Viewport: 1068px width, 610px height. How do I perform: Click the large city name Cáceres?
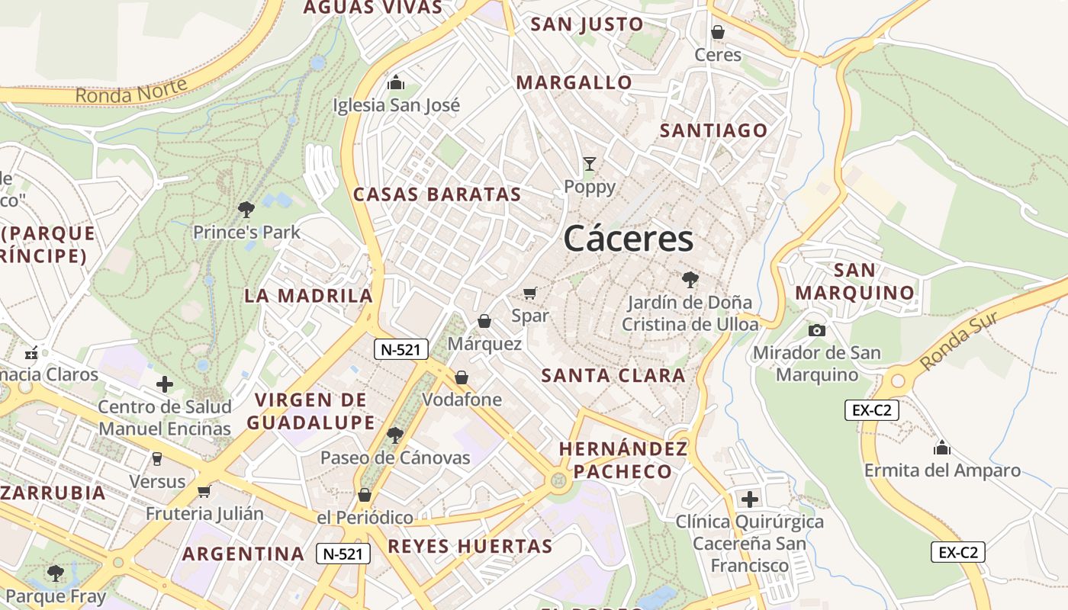[629, 239]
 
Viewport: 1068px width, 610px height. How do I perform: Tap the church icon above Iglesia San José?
[396, 82]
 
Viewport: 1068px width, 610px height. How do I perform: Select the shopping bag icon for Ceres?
[718, 32]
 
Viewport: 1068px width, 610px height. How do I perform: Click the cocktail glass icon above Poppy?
[589, 164]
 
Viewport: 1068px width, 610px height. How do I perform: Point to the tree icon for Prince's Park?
[246, 209]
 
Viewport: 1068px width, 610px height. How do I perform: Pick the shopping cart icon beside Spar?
[530, 293]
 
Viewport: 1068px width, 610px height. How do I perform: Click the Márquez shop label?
[484, 344]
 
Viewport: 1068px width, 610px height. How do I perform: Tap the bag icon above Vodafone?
[462, 377]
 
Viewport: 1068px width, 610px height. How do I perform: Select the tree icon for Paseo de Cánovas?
[394, 435]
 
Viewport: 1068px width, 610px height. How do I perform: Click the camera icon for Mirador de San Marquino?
[816, 330]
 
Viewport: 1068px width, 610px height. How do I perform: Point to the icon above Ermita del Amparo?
[942, 448]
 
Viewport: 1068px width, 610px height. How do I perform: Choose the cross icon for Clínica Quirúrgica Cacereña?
[750, 499]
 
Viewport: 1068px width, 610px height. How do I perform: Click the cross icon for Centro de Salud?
[164, 384]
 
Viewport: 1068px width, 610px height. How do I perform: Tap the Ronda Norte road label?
[131, 91]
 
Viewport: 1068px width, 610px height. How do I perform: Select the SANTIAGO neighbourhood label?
[713, 130]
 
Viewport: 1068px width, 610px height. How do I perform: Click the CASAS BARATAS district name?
[437, 194]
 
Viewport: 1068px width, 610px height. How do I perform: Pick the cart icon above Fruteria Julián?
[204, 491]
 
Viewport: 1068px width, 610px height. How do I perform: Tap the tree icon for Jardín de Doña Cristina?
[690, 280]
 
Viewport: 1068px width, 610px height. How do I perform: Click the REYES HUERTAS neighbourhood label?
[470, 546]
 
